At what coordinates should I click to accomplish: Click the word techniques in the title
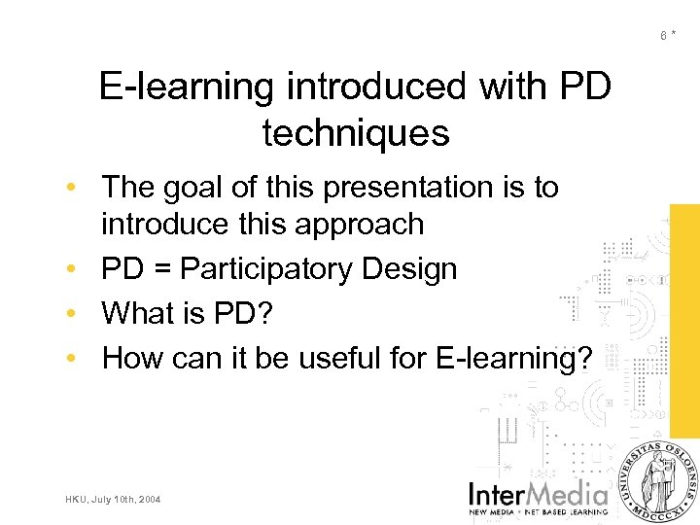tap(356, 133)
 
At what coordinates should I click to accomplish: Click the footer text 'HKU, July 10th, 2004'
tap(114, 500)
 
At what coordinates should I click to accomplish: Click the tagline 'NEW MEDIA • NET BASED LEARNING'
tap(539, 510)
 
